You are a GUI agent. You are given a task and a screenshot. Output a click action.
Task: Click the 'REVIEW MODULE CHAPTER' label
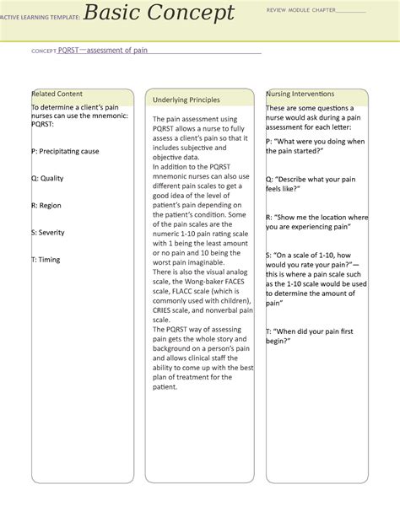pos(300,10)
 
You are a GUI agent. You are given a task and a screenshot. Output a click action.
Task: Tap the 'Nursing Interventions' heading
pos(300,94)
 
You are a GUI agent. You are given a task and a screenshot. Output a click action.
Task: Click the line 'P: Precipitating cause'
pos(65,151)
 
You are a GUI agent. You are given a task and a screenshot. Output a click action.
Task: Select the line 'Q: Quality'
pos(47,178)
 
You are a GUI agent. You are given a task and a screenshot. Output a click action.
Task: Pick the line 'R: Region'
pos(46,205)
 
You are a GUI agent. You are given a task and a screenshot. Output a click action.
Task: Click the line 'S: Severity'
pos(47,232)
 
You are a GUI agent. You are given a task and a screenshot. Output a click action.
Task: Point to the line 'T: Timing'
pos(46,259)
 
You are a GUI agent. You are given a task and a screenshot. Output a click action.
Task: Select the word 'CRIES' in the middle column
pos(164,299)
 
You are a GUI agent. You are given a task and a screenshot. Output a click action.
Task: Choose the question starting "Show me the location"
pos(316,222)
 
